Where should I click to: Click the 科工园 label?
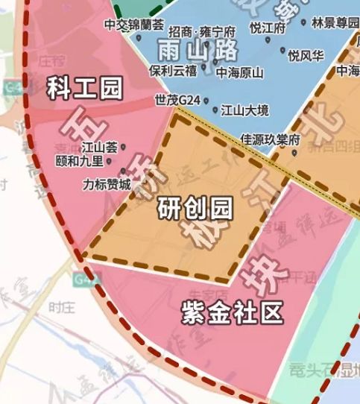tap(83, 89)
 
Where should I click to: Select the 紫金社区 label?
tap(233, 314)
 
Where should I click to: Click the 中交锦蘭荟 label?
tap(133, 25)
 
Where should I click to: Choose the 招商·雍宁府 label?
tap(202, 32)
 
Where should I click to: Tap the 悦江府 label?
tap(268, 28)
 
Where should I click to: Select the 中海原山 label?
tap(240, 73)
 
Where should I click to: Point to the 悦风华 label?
tap(306, 56)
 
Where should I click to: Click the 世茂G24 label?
tap(178, 99)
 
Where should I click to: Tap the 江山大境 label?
tap(244, 110)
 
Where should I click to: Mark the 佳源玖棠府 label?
tap(270, 139)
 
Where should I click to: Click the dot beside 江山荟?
tap(123, 147)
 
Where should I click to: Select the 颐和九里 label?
tap(80, 160)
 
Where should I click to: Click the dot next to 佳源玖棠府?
tap(294, 154)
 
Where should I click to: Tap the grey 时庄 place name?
tap(58, 306)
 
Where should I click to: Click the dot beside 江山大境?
tap(215, 110)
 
